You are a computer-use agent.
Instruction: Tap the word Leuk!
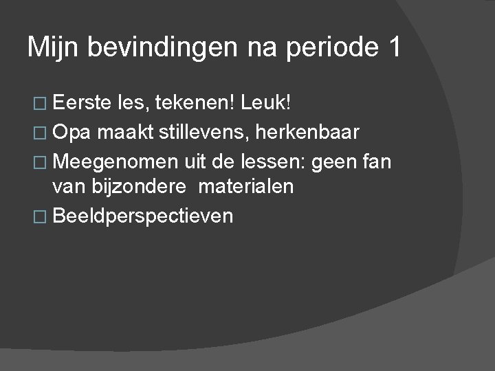(267, 103)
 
